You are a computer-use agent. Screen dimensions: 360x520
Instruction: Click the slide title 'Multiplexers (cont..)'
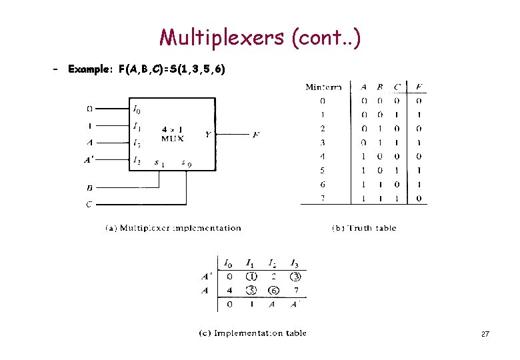pos(261,37)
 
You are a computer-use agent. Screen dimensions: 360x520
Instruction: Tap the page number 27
pos(485,333)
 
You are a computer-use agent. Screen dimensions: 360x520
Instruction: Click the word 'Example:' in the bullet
pos(91,69)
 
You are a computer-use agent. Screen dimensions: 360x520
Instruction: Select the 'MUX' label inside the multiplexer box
pos(172,138)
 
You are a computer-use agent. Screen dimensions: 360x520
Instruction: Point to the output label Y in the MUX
pos(208,135)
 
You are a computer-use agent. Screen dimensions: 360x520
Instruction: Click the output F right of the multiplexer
pos(256,135)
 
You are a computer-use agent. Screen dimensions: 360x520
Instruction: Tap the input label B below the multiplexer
pos(89,188)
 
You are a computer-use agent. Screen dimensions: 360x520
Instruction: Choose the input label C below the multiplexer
pos(89,204)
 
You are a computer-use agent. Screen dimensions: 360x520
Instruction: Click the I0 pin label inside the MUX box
pos(137,109)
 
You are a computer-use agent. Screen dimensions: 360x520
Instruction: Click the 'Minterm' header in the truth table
pos(324,87)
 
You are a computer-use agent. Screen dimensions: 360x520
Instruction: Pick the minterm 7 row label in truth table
pos(323,198)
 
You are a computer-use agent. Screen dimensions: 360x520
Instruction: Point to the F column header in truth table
pos(418,87)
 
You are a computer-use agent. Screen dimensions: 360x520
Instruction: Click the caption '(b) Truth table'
pos(364,228)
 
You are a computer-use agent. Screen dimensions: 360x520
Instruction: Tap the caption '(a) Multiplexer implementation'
pos(173,228)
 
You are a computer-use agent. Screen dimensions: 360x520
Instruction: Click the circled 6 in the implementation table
pos(273,291)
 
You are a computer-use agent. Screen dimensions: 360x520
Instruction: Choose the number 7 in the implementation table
pos(297,291)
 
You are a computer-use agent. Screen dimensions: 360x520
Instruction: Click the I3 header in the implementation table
pos(296,263)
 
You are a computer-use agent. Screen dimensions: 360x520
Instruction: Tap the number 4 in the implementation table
pos(229,291)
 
